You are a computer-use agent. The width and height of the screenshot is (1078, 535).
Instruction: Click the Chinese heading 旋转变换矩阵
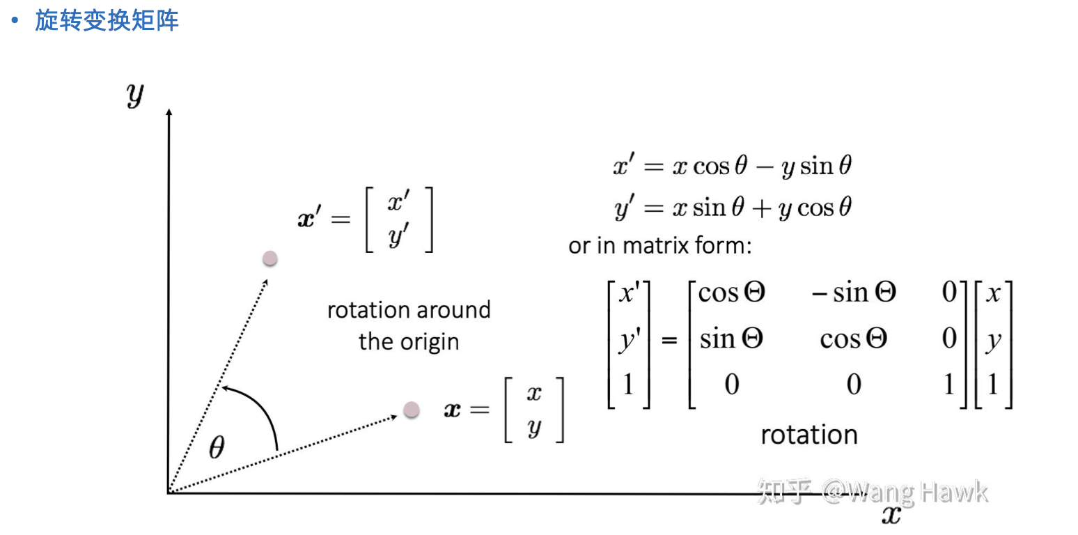(107, 20)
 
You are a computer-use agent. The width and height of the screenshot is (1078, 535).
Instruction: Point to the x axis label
(891, 515)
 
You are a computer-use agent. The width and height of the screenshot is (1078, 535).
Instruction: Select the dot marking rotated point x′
(270, 258)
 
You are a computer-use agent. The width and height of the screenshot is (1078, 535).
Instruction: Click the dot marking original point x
(411, 409)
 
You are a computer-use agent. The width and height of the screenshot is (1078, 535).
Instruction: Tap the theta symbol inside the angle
(217, 448)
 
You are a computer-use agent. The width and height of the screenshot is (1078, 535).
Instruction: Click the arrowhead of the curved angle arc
(224, 387)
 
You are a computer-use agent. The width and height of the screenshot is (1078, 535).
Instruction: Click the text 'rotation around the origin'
(409, 325)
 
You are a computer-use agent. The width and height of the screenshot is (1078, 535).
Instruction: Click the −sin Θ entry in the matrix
(853, 293)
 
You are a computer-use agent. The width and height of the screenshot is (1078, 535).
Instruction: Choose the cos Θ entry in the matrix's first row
(731, 293)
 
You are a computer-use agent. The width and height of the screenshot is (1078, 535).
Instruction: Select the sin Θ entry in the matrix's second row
(731, 339)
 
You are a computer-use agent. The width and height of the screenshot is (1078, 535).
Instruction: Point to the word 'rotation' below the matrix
(808, 435)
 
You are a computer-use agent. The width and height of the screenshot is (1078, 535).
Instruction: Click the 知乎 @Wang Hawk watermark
(872, 491)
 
